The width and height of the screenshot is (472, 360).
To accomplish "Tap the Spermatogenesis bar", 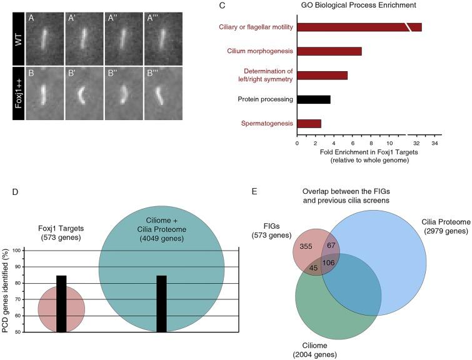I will point(309,124).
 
